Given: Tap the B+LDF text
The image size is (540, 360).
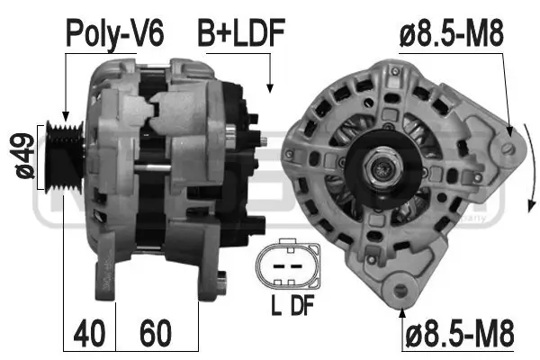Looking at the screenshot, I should point(241,34).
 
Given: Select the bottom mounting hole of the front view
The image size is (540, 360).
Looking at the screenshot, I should point(400,290).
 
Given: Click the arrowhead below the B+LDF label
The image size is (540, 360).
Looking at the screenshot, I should point(269,87).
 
